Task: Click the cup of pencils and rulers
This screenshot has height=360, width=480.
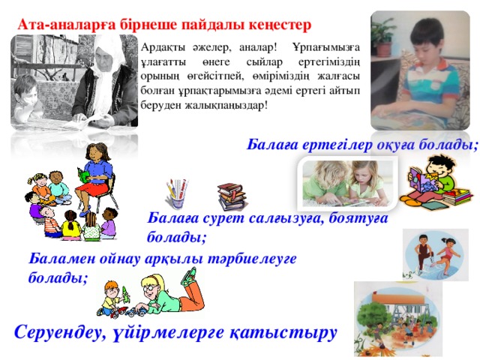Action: pos(177,193)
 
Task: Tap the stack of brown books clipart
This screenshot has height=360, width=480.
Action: pos(232,196)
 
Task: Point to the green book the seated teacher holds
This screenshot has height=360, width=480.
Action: pos(82,175)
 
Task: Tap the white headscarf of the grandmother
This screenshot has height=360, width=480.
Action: pos(107,73)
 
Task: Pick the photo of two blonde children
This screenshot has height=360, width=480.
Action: pos(348,183)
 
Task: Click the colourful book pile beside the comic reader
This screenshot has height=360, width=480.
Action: pos(457,198)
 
